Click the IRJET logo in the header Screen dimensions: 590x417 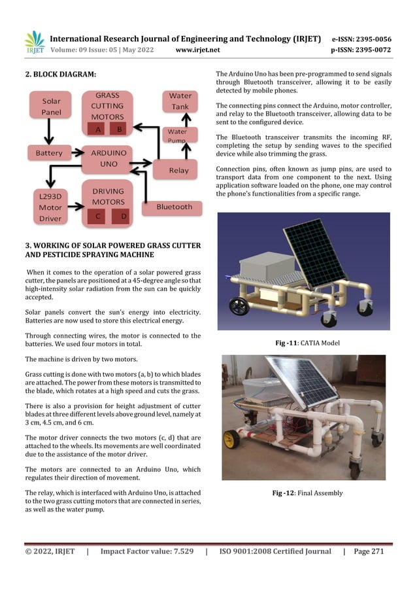(34, 43)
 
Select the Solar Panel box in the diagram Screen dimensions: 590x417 (51, 107)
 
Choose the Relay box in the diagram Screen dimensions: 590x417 (178, 170)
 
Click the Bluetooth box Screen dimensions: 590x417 (174, 207)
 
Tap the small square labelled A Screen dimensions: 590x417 (97, 130)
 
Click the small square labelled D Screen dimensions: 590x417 (124, 215)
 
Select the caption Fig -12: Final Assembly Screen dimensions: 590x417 (307, 493)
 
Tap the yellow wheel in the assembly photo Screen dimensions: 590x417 (232, 439)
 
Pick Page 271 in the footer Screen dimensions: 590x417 (369, 551)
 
